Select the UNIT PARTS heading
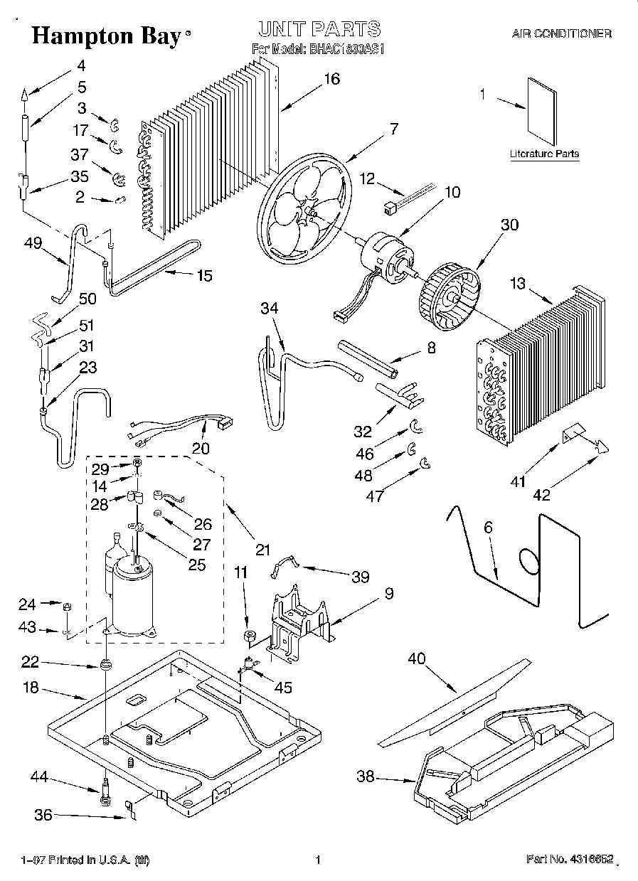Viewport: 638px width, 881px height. pos(319,29)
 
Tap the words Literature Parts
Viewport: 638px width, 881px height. pos(544,154)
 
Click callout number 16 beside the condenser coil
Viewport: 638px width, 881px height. pos(331,79)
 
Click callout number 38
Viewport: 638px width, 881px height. pos(366,777)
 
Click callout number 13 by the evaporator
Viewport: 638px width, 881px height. pos(517,284)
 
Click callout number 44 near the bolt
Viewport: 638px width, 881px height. pos(39,778)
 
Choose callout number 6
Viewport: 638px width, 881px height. pos(489,528)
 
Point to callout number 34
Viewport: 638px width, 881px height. pos(270,309)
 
